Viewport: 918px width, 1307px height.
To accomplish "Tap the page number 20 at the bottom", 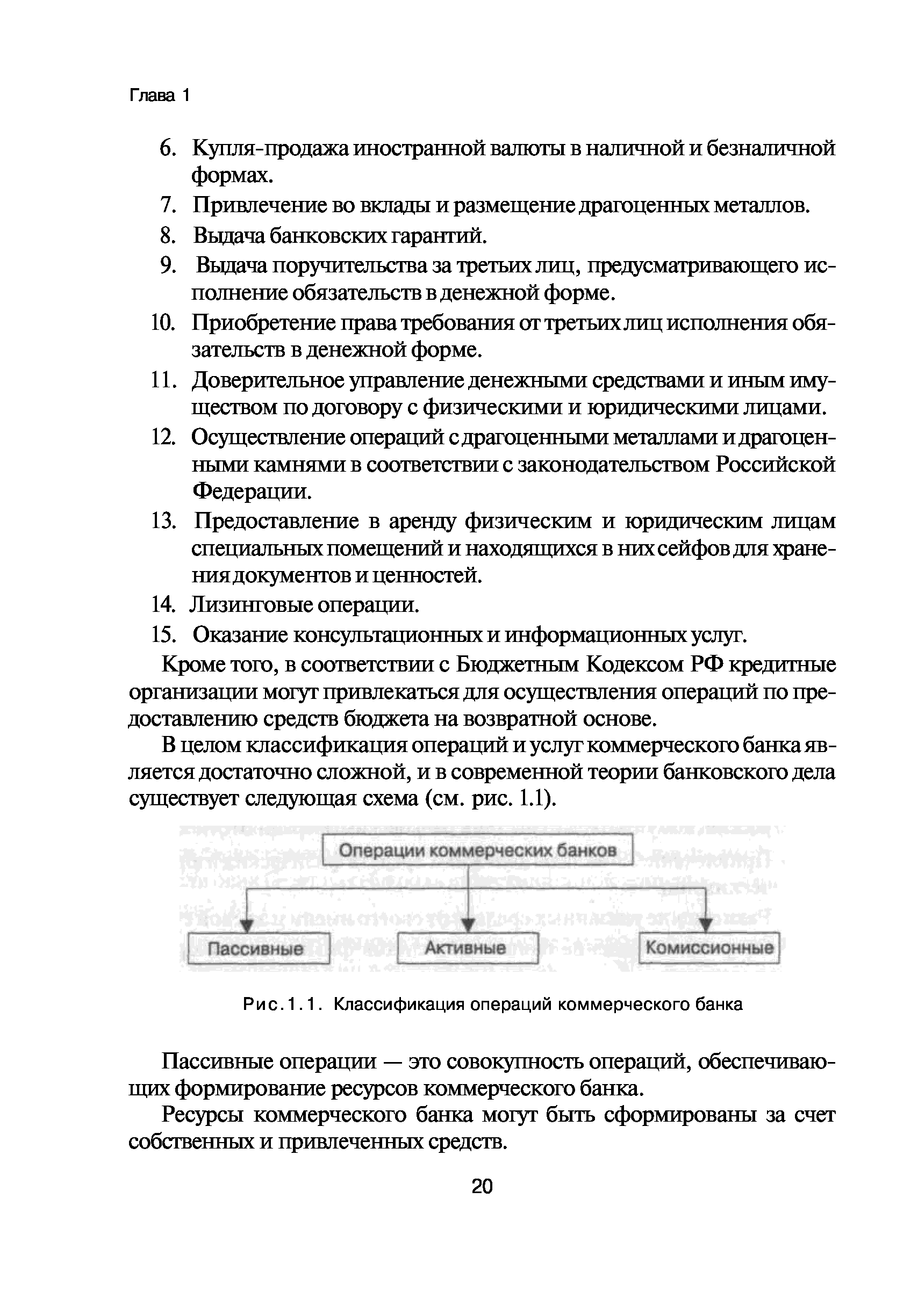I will (482, 1186).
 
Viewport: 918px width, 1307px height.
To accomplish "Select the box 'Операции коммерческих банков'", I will (478, 850).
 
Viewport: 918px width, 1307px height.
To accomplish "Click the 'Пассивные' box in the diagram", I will (259, 948).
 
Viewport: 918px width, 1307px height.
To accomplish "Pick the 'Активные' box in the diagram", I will (467, 947).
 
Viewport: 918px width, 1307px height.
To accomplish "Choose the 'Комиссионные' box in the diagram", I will (709, 947).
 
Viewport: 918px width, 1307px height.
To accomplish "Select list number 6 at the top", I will (166, 149).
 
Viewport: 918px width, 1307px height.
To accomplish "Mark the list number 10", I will (163, 323).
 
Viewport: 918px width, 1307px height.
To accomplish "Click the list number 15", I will (163, 635).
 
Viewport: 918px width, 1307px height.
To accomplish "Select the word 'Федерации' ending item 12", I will (252, 491).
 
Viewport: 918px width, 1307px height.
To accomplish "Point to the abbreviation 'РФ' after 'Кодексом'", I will (708, 665).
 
